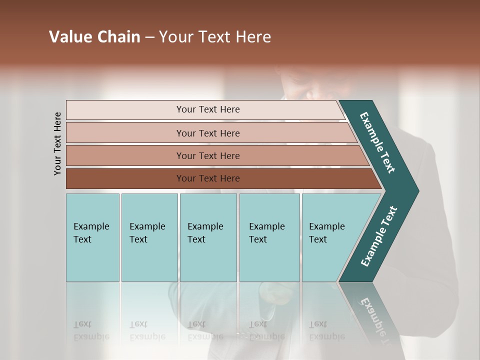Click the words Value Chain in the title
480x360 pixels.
94,37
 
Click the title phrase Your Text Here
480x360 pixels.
215,37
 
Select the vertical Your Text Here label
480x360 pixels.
57,143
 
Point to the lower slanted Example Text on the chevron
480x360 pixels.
379,236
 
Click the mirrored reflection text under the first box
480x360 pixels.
91,330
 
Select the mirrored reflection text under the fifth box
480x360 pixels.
327,330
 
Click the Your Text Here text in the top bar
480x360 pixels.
208,109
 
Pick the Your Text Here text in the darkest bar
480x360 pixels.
208,178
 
